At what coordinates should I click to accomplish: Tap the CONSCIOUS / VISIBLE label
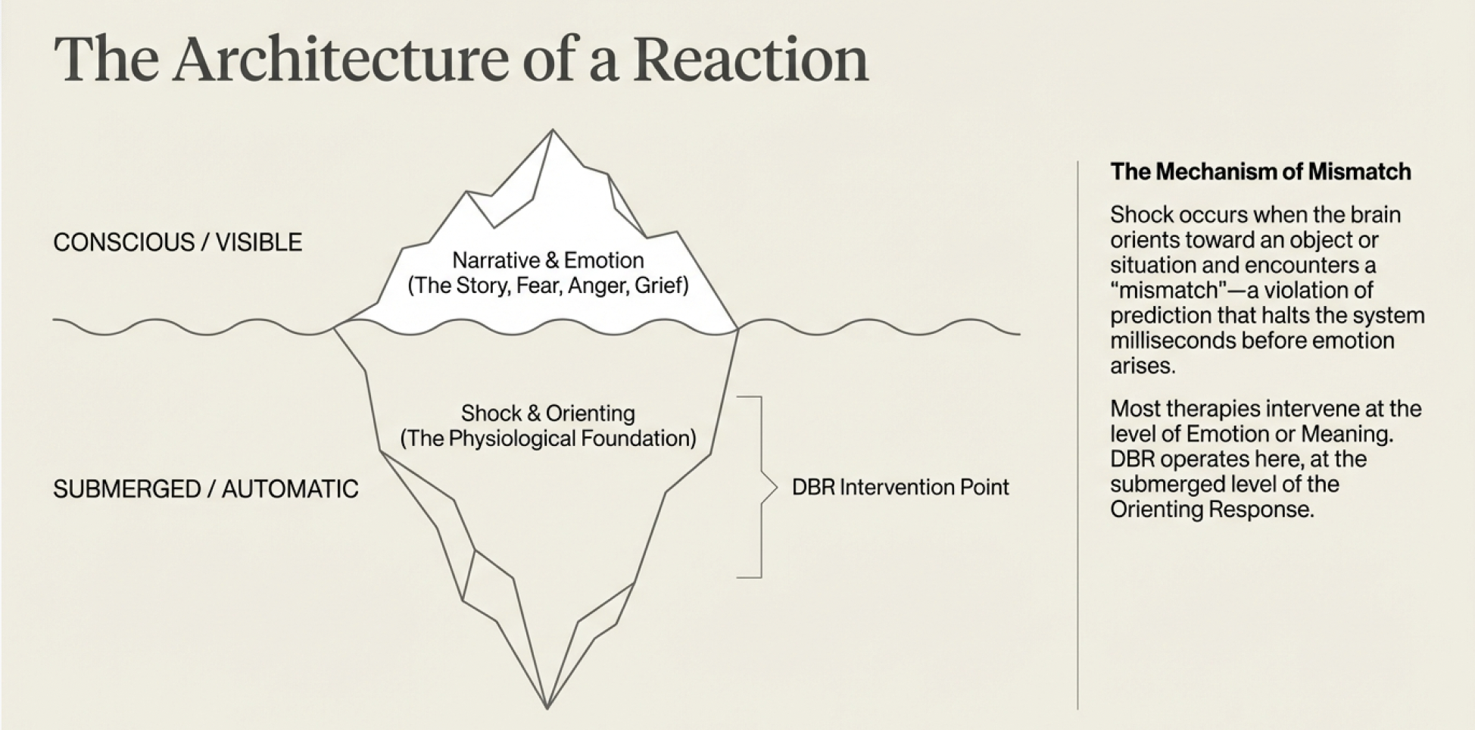(x=178, y=242)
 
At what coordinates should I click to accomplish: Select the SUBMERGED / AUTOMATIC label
(x=206, y=489)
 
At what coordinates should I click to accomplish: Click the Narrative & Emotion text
(x=548, y=260)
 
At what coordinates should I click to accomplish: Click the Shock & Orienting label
(x=548, y=413)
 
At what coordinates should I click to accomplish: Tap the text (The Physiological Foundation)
(x=548, y=438)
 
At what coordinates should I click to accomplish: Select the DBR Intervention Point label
(x=900, y=487)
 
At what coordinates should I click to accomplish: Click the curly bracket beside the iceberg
(x=765, y=487)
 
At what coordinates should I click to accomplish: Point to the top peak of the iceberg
(x=553, y=131)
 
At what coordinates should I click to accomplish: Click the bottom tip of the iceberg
(x=547, y=707)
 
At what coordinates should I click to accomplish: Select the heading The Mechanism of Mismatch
(x=1261, y=172)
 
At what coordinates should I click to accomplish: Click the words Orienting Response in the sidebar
(x=1211, y=510)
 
